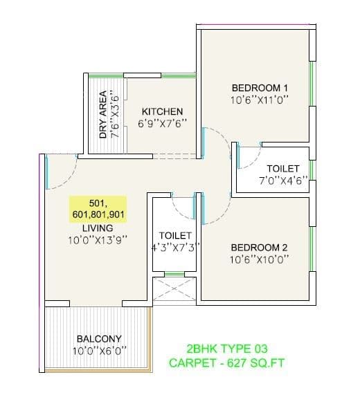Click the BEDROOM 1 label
(259, 88)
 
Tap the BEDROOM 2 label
(259, 248)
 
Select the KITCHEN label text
(162, 111)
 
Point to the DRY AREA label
(103, 115)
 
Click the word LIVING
(97, 228)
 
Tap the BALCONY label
(99, 339)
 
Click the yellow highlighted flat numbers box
(97, 208)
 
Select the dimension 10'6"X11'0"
(259, 100)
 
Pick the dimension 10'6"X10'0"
(259, 259)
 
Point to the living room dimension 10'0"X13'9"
(97, 241)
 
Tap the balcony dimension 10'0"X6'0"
(99, 350)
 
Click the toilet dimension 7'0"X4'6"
(282, 181)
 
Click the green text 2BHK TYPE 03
(227, 349)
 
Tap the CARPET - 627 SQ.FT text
(227, 362)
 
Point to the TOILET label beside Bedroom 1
(282, 169)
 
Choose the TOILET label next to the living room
(175, 235)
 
